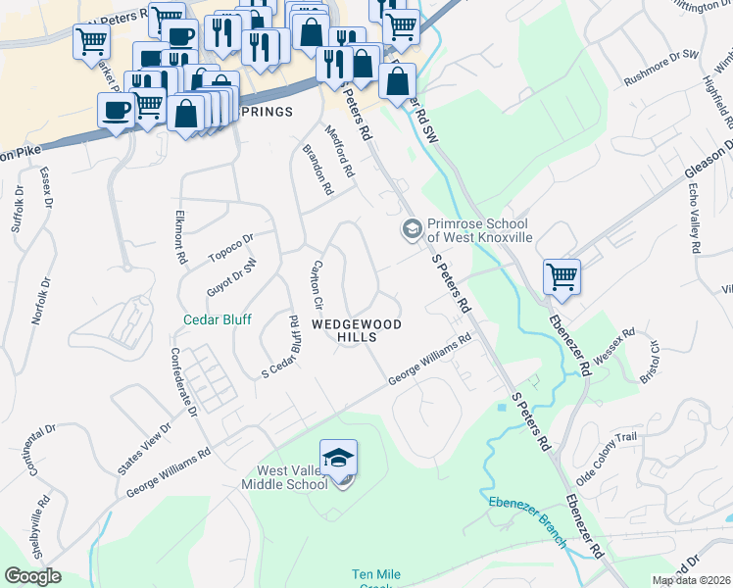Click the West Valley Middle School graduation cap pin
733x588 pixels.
pyautogui.click(x=339, y=460)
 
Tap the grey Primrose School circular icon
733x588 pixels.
pyautogui.click(x=412, y=229)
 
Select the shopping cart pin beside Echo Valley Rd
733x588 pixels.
pyautogui.click(x=562, y=276)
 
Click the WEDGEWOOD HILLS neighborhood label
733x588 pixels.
pyautogui.click(x=344, y=329)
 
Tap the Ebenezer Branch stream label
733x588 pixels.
pyautogui.click(x=528, y=509)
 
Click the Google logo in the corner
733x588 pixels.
pyautogui.click(x=32, y=576)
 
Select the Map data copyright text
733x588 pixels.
pyautogui.click(x=692, y=580)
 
